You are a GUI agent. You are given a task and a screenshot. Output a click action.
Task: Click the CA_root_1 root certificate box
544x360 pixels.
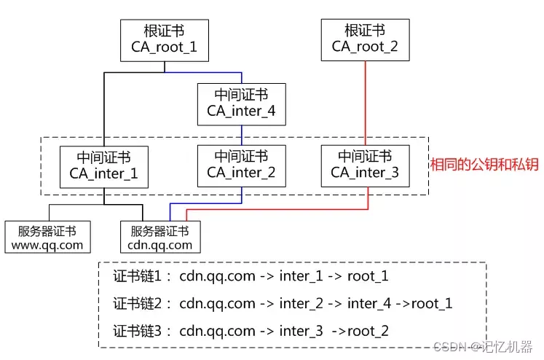coord(164,39)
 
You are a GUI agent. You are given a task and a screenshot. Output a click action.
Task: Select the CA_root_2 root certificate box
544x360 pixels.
coord(365,39)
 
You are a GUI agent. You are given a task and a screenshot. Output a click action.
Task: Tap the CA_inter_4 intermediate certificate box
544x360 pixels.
coord(241,103)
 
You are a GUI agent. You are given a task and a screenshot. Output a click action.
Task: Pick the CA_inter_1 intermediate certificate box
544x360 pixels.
coord(103,166)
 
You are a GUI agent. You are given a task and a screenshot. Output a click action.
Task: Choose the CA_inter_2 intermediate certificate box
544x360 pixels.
coord(241,165)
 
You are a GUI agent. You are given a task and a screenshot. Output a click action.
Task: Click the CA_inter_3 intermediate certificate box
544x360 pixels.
coord(365,165)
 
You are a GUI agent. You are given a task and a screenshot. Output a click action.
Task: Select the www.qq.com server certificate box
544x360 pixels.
coord(48,238)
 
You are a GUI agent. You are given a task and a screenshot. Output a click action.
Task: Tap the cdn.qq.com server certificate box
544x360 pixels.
coord(160,238)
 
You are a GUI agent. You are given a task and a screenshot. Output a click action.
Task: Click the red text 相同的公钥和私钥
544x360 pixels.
coord(484,164)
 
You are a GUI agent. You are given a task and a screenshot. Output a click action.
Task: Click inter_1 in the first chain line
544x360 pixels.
coord(304,276)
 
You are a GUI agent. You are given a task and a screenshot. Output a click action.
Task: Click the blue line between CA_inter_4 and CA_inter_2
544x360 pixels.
coord(241,135)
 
